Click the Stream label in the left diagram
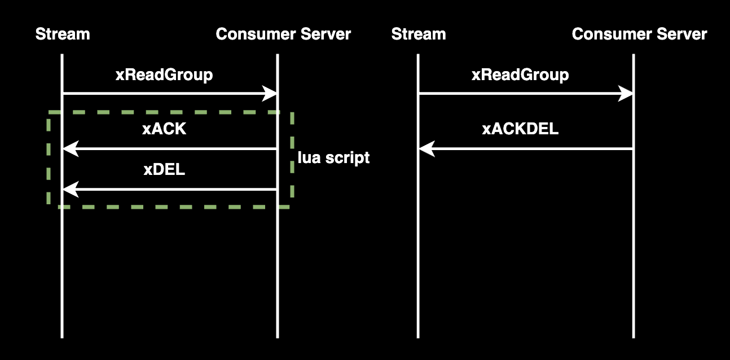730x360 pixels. coord(63,34)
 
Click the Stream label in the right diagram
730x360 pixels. coord(419,34)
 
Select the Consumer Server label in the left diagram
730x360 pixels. coord(283,34)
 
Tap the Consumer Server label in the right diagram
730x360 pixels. coord(639,34)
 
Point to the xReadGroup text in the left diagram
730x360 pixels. coord(164,75)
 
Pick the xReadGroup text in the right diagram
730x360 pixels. coord(520,75)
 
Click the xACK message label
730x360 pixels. coord(164,129)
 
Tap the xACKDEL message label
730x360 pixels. coord(520,129)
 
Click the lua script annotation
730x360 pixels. coord(334,158)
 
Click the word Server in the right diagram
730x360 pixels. coord(682,34)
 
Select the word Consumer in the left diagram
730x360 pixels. coord(256,34)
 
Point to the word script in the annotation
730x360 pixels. coord(348,158)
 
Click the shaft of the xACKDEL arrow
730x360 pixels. coord(526,149)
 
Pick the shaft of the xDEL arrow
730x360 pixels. coord(170,189)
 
